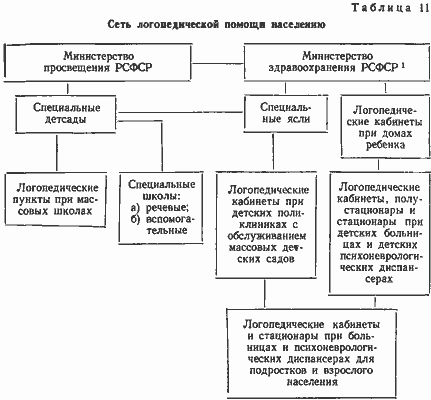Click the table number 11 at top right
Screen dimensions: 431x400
click(x=423, y=8)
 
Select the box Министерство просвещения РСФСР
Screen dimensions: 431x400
click(x=98, y=63)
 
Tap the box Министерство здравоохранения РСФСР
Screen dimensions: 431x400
click(x=337, y=63)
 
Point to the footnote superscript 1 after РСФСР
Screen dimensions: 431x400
click(x=403, y=65)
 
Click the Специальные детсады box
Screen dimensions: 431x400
click(x=66, y=114)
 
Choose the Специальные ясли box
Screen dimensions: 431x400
click(x=286, y=113)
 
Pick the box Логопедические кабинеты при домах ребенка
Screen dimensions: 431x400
click(x=385, y=126)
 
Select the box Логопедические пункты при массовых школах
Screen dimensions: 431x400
click(x=55, y=200)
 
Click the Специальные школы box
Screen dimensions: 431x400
click(x=161, y=208)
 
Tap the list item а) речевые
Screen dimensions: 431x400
click(x=160, y=208)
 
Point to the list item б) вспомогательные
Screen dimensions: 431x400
click(x=162, y=225)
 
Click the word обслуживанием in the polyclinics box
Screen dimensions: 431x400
click(x=266, y=236)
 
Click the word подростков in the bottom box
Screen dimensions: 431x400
click(x=278, y=371)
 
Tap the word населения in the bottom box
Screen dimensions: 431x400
click(x=312, y=382)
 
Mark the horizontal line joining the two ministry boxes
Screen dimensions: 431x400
click(x=218, y=63)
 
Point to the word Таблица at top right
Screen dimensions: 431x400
click(x=382, y=8)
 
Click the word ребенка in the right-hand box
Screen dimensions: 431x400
click(x=386, y=146)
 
